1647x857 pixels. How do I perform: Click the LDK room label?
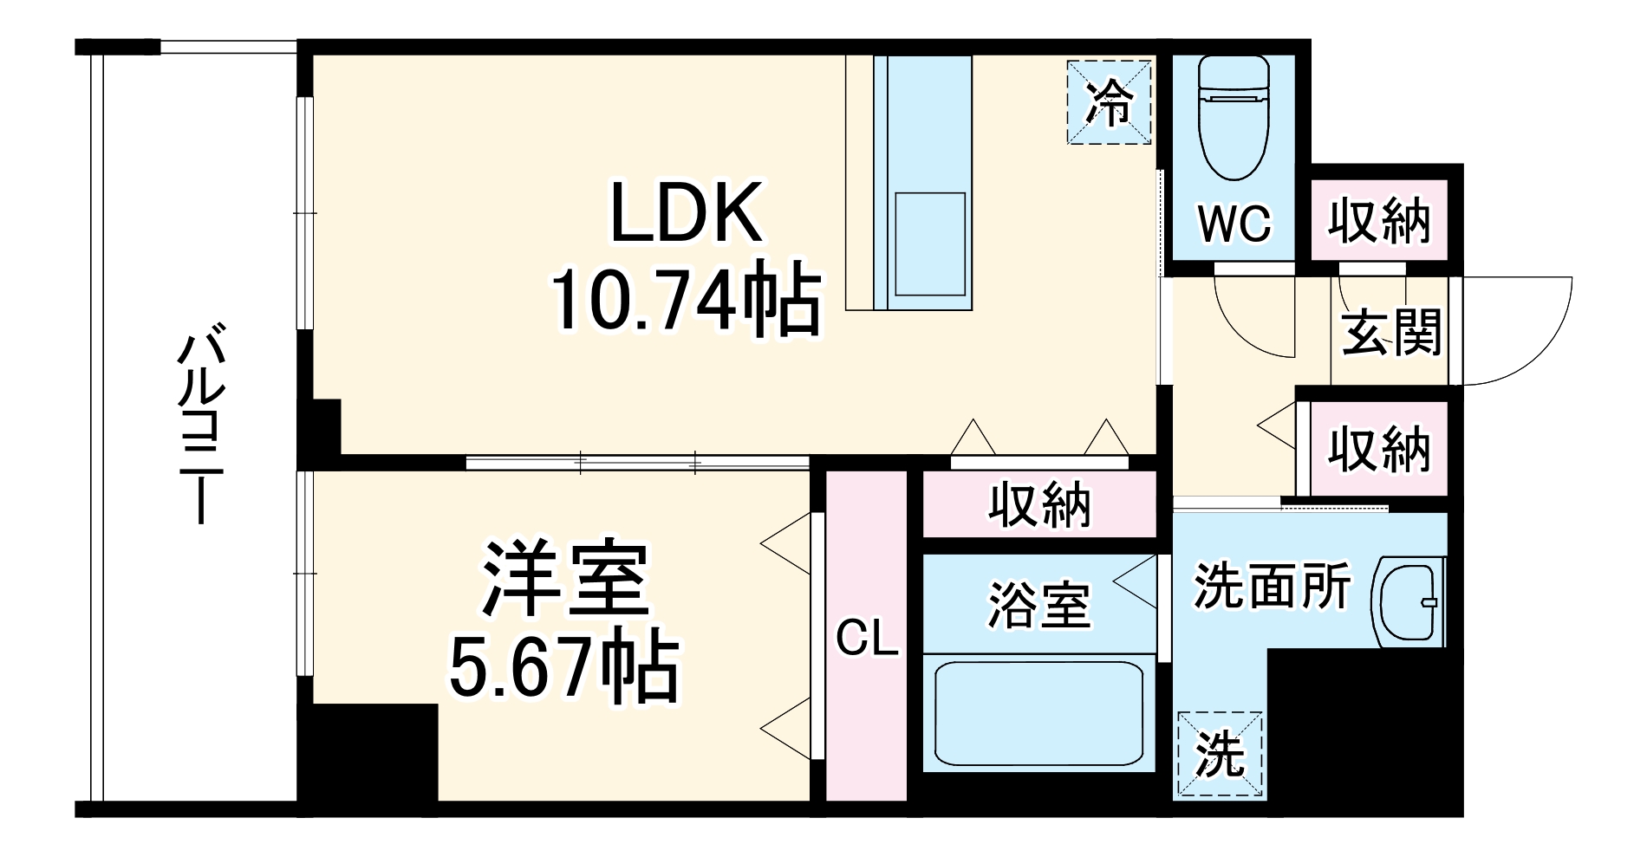click(687, 212)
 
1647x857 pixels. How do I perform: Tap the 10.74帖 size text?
click(687, 302)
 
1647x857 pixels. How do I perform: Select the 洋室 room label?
click(564, 579)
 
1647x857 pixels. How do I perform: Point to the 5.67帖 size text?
click(564, 669)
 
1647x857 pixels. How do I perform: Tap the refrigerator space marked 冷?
click(1109, 102)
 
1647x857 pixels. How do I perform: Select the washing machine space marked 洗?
click(1219, 755)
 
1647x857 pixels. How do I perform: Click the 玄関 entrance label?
click(1390, 332)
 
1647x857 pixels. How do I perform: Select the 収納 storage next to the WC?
click(1378, 222)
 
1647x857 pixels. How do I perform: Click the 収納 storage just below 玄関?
click(1378, 450)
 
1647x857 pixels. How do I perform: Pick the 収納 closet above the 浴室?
click(1039, 504)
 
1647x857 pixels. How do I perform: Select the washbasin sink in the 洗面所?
click(1409, 602)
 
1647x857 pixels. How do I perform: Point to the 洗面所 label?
click(1272, 588)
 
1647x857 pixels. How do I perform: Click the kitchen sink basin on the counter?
click(929, 244)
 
